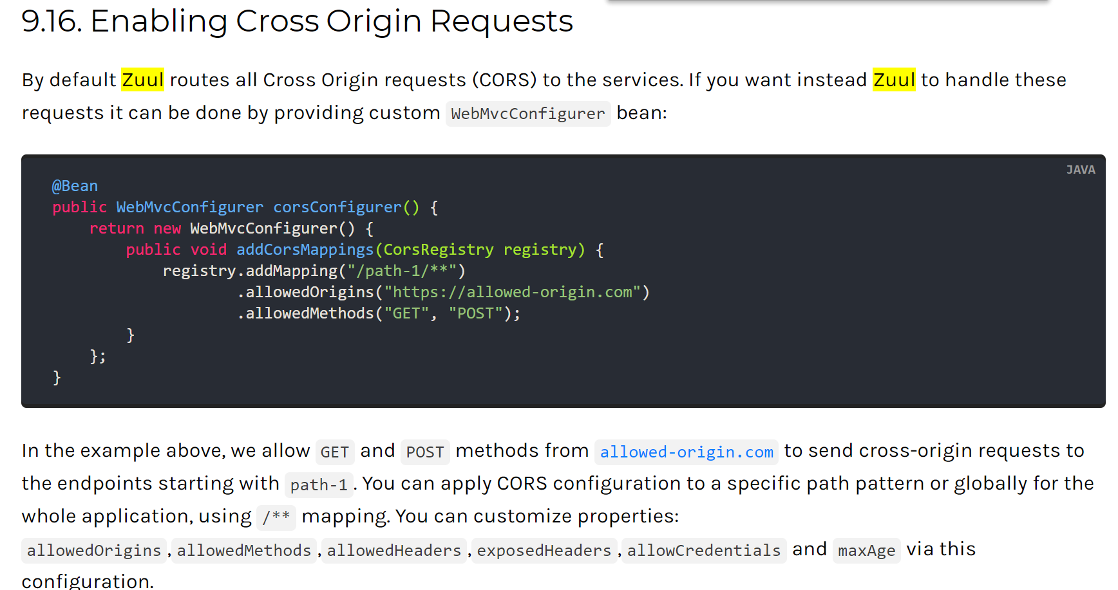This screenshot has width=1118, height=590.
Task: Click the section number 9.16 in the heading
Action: (x=51, y=22)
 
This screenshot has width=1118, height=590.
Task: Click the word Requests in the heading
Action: (x=501, y=22)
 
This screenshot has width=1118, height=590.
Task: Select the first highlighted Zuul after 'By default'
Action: (x=142, y=80)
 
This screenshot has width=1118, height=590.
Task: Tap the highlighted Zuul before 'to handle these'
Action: (x=893, y=80)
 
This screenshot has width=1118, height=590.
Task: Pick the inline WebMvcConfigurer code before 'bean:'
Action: (x=527, y=114)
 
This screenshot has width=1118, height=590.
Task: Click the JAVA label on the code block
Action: (x=1080, y=170)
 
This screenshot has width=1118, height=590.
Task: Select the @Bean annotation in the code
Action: (x=75, y=186)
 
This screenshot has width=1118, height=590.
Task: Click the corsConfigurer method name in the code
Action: (x=337, y=207)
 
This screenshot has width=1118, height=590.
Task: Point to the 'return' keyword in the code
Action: (x=117, y=228)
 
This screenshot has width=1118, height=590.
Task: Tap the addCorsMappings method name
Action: (x=305, y=250)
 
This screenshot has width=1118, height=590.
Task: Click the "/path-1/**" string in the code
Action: (x=402, y=271)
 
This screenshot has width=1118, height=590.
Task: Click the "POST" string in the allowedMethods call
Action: (x=475, y=313)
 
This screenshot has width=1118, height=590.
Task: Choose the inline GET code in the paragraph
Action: (x=334, y=452)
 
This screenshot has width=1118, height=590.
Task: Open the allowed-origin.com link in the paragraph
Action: (x=686, y=452)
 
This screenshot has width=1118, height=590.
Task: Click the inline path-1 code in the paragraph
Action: (x=318, y=485)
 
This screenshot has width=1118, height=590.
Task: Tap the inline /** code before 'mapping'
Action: (x=276, y=517)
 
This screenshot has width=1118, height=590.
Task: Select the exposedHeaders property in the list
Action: (x=544, y=551)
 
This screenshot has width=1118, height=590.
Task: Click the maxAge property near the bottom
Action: (x=866, y=551)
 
